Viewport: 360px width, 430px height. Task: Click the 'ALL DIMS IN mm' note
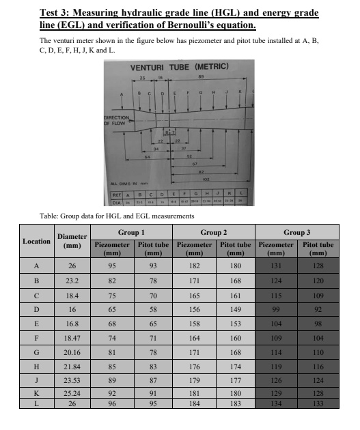(x=125, y=184)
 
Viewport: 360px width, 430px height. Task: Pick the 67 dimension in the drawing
(x=195, y=164)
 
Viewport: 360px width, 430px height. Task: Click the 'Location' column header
(x=36, y=241)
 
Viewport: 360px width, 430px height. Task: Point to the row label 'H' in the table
(x=36, y=368)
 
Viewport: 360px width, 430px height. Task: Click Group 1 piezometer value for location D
(x=110, y=309)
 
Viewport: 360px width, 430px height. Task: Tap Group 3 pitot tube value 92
(x=317, y=309)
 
